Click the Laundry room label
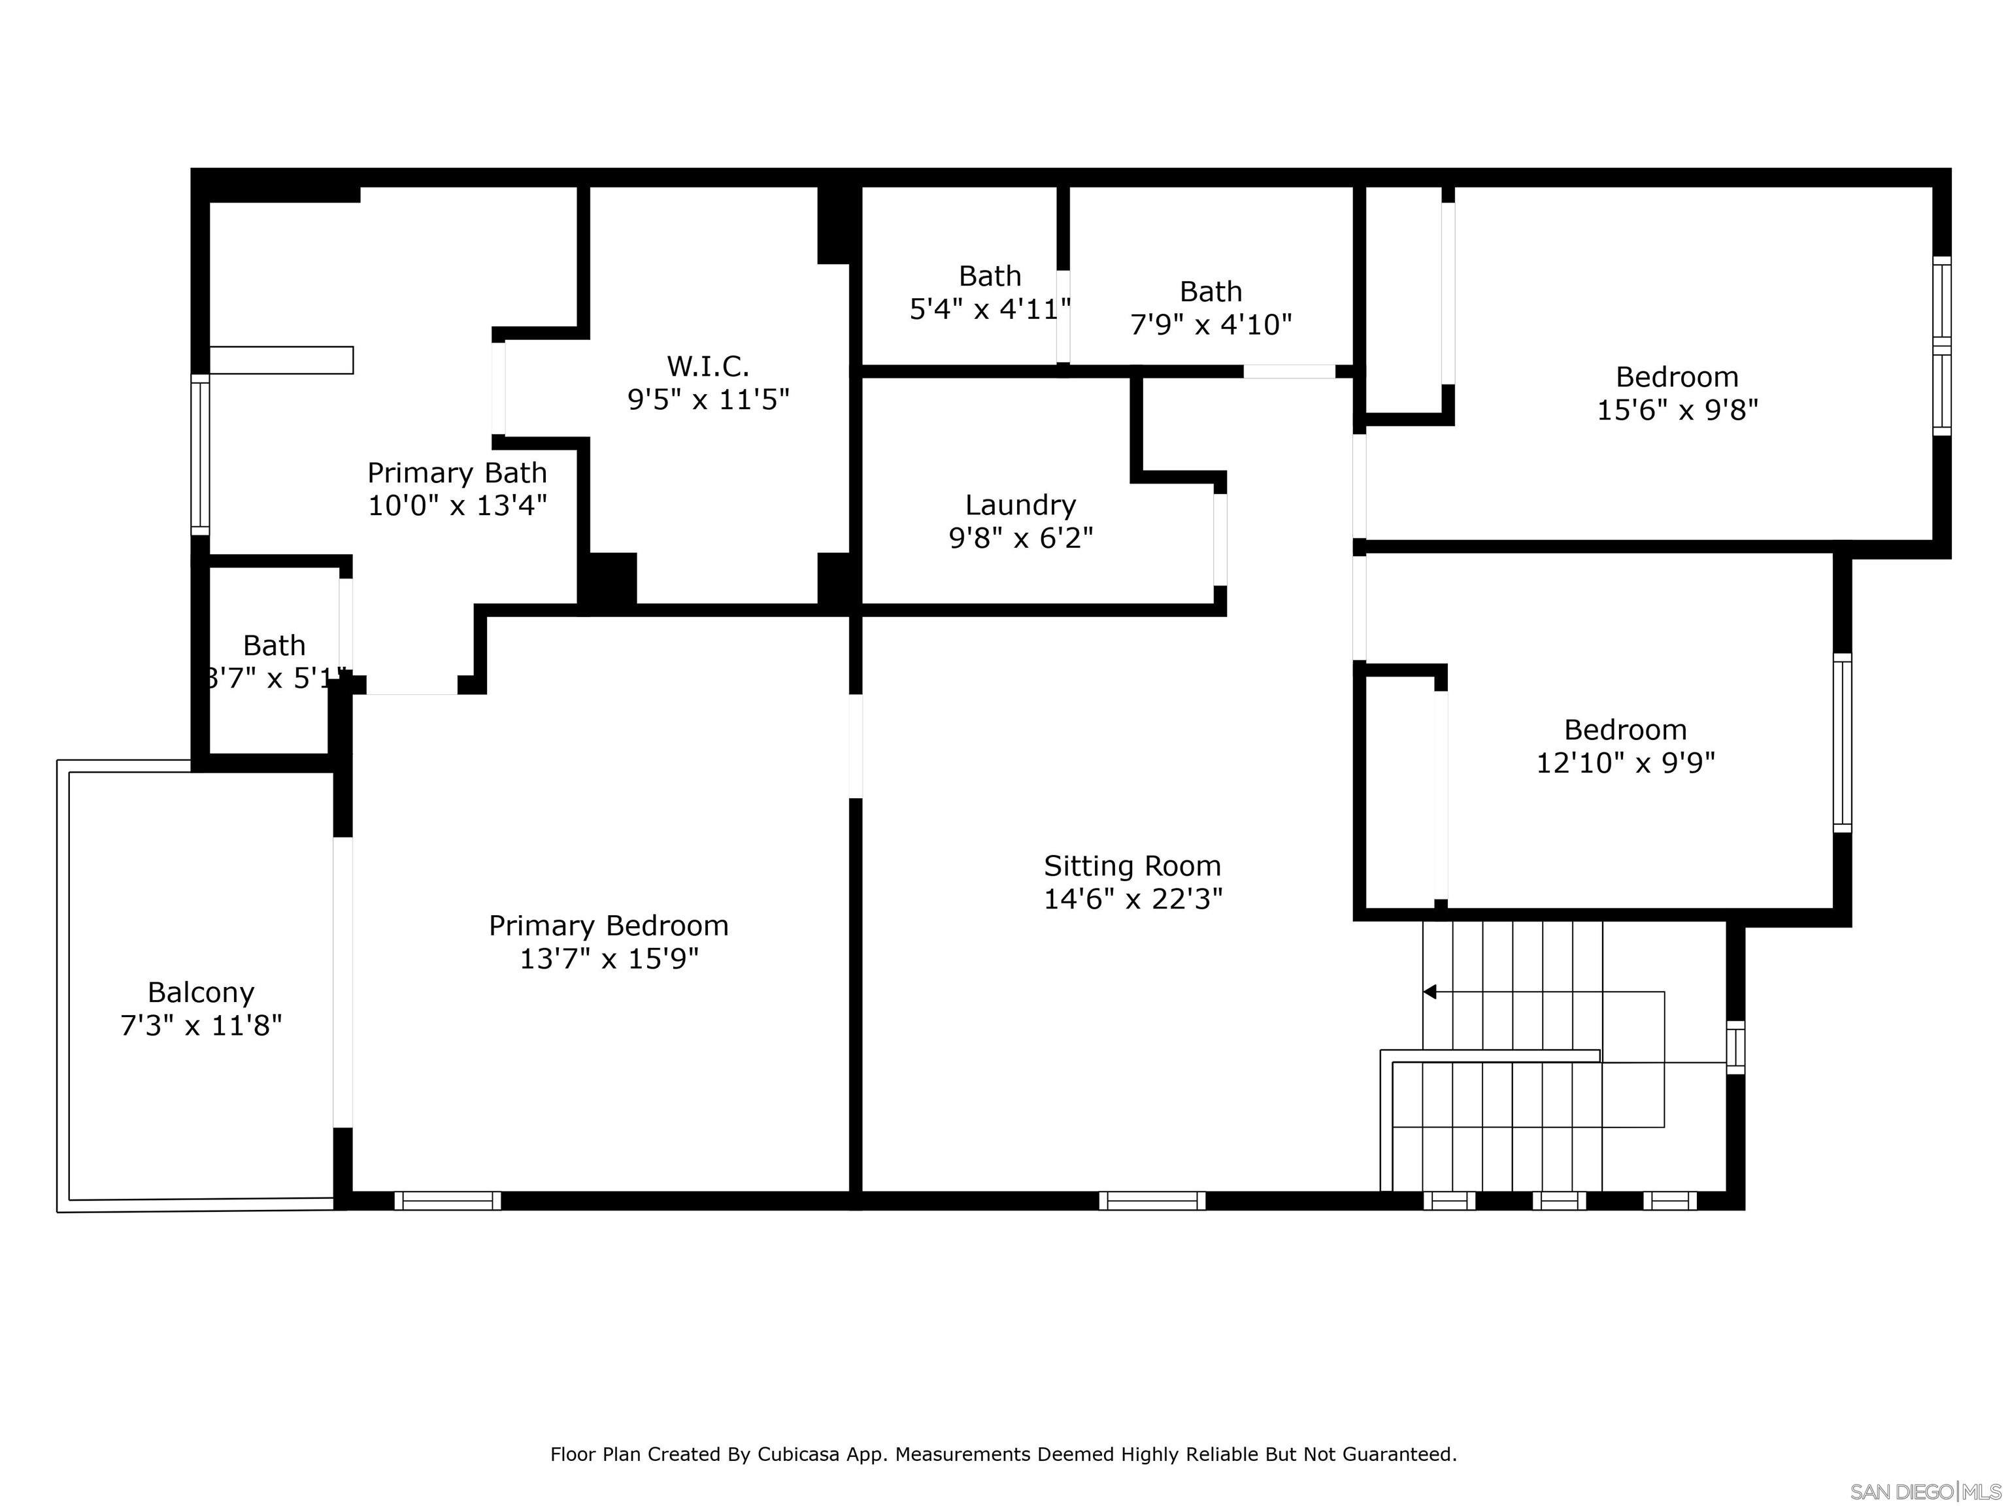coord(1020,505)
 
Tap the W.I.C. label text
coord(707,367)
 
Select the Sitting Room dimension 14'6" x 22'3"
coord(1132,899)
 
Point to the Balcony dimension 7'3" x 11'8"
coord(201,1025)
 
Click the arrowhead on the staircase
coord(1430,992)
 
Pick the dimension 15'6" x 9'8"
coord(1677,410)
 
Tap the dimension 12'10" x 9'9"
coord(1625,763)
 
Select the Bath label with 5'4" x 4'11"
coord(990,276)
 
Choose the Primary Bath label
coord(457,473)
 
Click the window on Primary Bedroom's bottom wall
coord(448,1200)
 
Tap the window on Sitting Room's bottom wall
coord(1152,1200)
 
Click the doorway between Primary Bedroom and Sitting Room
coord(855,746)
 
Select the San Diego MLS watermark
coord(1924,1492)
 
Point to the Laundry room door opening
coord(1220,539)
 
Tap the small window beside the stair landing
coord(1735,1048)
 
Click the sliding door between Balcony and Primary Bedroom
coord(343,982)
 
